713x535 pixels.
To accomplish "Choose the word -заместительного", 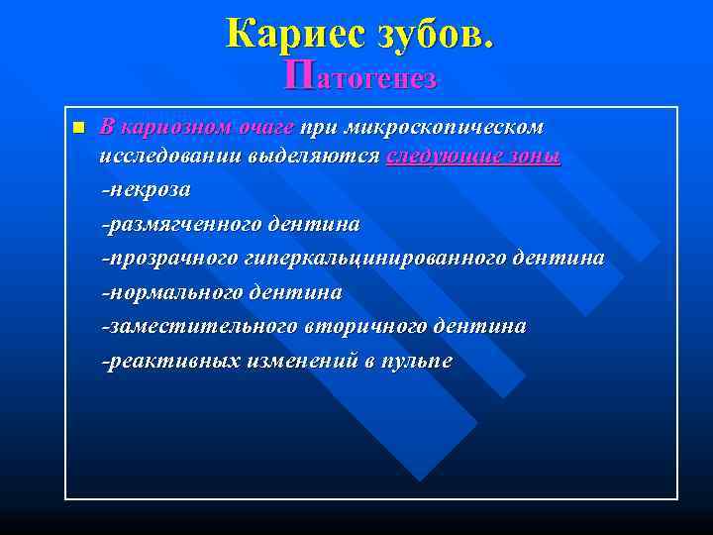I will [x=188, y=326].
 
